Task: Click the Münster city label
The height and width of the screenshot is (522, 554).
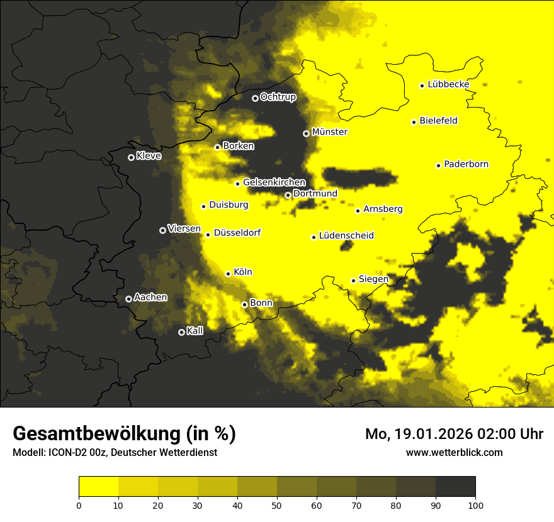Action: click(x=329, y=133)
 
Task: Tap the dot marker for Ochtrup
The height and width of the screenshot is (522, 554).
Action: click(x=255, y=98)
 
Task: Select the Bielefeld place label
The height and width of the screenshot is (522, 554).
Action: click(x=438, y=121)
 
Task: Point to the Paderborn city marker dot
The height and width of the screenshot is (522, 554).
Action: click(x=438, y=165)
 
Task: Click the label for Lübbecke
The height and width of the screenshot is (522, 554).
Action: click(x=448, y=84)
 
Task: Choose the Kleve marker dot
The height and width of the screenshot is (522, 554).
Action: click(x=131, y=157)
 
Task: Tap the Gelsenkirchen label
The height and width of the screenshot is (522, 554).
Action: click(x=274, y=182)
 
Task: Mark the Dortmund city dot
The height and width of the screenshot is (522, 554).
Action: click(x=288, y=195)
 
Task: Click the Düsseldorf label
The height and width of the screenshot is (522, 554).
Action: click(x=237, y=233)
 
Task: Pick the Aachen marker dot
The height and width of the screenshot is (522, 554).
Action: click(x=128, y=299)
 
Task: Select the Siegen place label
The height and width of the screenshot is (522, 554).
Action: click(x=373, y=279)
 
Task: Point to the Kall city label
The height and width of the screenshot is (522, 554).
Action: click(x=195, y=331)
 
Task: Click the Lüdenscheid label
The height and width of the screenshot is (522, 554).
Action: click(x=346, y=236)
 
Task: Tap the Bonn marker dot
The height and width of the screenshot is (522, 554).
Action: click(x=244, y=304)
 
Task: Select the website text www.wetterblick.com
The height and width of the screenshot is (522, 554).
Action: click(x=454, y=452)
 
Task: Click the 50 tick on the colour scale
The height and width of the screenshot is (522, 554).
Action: click(x=277, y=504)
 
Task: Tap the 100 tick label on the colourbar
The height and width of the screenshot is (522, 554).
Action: click(x=475, y=504)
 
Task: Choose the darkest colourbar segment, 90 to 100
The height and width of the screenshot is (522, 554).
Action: click(x=455, y=487)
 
